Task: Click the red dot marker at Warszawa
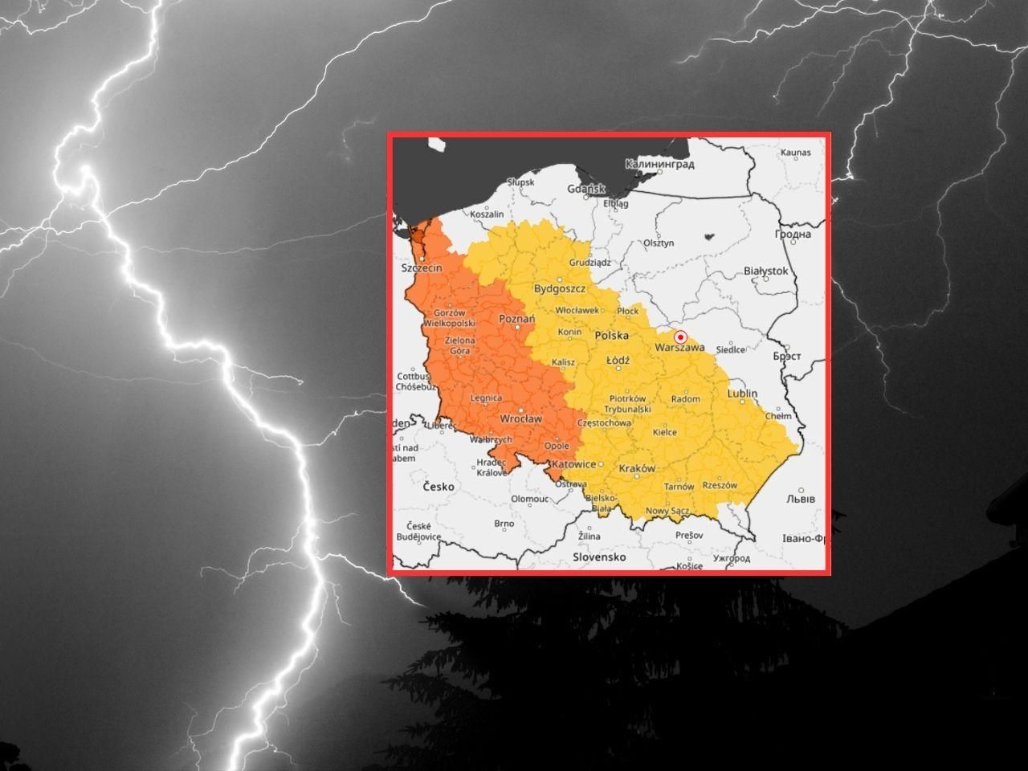click(x=680, y=337)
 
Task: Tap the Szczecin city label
click(x=422, y=268)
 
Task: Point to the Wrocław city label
click(x=520, y=418)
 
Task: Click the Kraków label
click(x=637, y=468)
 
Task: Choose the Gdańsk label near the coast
click(x=585, y=189)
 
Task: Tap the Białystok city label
click(x=766, y=271)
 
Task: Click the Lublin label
click(x=742, y=394)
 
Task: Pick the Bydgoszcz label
click(x=560, y=288)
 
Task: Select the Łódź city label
click(x=618, y=361)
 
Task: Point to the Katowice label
click(x=574, y=464)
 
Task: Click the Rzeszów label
click(x=719, y=485)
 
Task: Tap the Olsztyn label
click(x=658, y=243)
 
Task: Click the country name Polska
click(x=611, y=335)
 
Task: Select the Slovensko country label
click(x=598, y=557)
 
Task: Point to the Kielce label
click(x=664, y=432)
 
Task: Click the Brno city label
click(x=504, y=524)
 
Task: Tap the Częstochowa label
click(x=604, y=422)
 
